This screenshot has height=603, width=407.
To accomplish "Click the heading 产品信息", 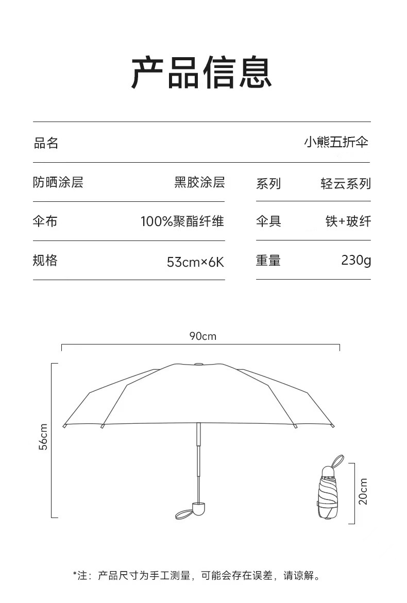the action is [x=201, y=74].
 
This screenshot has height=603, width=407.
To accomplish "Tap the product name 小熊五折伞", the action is [x=336, y=143].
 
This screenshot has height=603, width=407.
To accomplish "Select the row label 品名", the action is [x=46, y=143].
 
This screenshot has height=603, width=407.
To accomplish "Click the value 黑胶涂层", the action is [x=199, y=182].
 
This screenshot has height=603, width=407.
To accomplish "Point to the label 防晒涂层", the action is [x=58, y=182].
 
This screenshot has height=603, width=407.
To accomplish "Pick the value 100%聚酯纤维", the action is [x=182, y=222].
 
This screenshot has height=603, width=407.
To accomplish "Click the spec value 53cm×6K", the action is [x=195, y=262].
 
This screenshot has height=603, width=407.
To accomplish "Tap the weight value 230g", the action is [x=355, y=261].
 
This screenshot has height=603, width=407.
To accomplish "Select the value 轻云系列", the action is [x=345, y=183].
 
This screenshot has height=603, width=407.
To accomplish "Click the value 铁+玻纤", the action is [x=348, y=222].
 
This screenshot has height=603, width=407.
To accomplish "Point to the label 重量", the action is [x=268, y=261].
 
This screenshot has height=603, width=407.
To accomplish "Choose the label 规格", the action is [x=45, y=261].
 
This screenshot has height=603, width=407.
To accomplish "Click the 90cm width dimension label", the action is [x=202, y=336].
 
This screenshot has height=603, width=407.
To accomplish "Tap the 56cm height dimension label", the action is [x=44, y=436].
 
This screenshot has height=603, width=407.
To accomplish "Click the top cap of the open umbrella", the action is [x=198, y=364].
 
